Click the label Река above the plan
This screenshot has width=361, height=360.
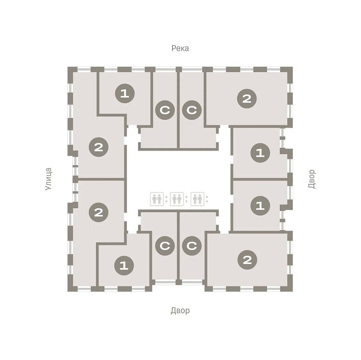point(180,48)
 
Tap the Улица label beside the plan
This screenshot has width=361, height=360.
point(48,179)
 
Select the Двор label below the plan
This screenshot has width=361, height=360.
point(180,310)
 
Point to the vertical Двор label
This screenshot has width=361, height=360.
point(312,179)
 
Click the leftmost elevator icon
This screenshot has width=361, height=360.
point(157,199)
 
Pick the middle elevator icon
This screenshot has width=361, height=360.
point(177,199)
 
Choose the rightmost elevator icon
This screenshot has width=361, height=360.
point(197,199)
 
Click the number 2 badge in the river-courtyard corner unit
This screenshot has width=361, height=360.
point(247,99)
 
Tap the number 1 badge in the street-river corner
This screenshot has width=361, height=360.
point(125,94)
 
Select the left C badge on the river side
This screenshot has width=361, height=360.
point(165,110)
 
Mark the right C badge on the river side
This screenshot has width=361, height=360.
point(192,110)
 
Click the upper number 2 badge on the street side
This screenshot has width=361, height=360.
point(99,147)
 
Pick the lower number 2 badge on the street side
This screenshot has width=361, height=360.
point(99,212)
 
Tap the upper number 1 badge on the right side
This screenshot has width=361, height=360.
point(260,153)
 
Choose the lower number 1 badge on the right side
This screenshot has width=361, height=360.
point(260,206)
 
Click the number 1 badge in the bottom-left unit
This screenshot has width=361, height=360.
point(124,266)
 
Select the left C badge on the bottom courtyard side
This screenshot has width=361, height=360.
point(165,246)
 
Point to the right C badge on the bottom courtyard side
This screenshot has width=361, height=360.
point(192,246)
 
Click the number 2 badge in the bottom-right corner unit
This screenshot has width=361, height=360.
point(247,260)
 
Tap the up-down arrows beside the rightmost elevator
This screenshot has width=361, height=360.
point(207,199)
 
